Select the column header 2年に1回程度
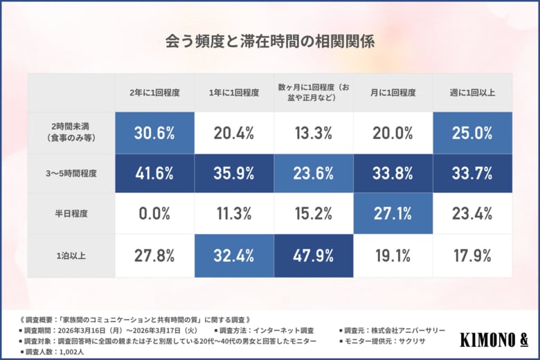[154, 92]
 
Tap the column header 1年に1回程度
[234, 92]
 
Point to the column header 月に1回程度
[393, 92]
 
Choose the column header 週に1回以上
[472, 92]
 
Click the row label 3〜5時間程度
[71, 174]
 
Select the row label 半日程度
[71, 215]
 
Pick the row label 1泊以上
[71, 255]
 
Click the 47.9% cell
[314, 255]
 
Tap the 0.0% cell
[154, 215]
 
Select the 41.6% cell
[154, 174]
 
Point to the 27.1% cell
[393, 215]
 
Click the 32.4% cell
[234, 255]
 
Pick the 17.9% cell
[472, 255]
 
